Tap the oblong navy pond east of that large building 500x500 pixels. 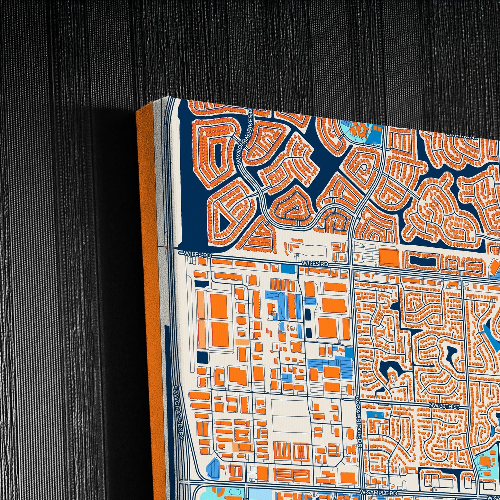click(x=420, y=262)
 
